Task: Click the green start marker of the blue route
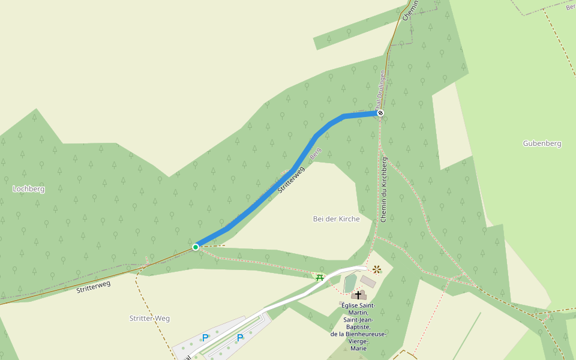(x=196, y=247)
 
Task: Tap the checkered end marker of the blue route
(x=380, y=113)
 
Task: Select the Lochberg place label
(x=29, y=189)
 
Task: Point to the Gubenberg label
(x=541, y=143)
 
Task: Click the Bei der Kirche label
(x=336, y=219)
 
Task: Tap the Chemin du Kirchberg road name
(x=384, y=190)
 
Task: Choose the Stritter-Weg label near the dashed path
(x=149, y=318)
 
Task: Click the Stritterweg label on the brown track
(x=94, y=287)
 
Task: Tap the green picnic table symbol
(x=320, y=277)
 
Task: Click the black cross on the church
(x=359, y=295)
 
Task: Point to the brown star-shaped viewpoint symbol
(x=377, y=269)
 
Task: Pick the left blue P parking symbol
(x=205, y=338)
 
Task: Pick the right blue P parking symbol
(x=240, y=338)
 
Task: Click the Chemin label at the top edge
(x=410, y=10)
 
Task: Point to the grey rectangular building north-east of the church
(x=368, y=281)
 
